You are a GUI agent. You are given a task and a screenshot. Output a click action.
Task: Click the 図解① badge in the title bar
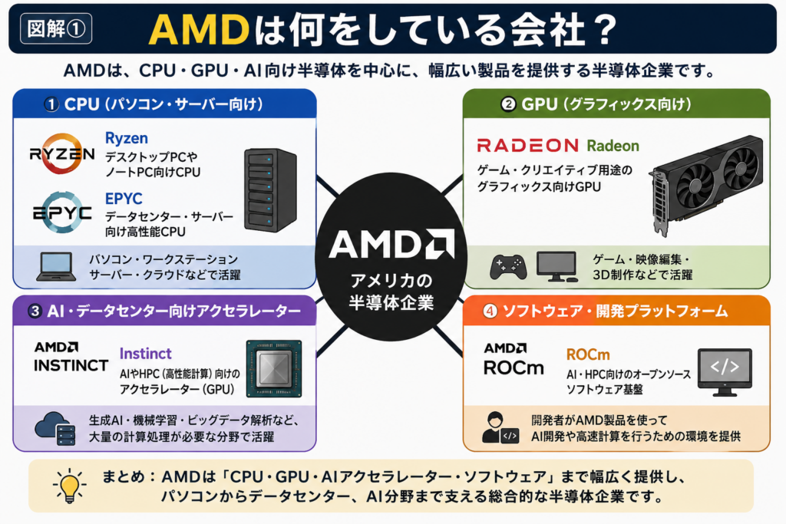(55, 28)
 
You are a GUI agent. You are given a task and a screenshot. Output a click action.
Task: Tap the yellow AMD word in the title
(199, 30)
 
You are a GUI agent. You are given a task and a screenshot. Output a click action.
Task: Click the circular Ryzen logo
(61, 153)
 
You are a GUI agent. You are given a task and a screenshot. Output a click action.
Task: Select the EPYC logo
(62, 213)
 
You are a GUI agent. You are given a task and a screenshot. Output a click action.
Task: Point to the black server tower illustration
(271, 189)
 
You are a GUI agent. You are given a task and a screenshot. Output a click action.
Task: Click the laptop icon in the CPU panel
(56, 266)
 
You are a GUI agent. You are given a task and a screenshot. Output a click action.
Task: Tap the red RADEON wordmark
(528, 145)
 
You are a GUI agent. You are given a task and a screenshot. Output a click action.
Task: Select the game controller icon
(508, 266)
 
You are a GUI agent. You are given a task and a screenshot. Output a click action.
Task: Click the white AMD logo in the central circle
(391, 244)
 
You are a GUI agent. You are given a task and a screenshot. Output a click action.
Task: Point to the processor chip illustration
(274, 369)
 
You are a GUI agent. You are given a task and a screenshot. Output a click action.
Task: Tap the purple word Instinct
(145, 354)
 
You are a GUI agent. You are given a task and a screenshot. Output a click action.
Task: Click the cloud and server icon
(55, 428)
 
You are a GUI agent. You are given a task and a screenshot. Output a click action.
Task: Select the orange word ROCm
(588, 354)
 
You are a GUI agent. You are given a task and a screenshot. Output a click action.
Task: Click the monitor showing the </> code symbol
(725, 372)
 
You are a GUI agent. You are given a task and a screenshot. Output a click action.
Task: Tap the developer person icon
(500, 427)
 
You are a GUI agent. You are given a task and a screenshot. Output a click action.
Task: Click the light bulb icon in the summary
(69, 486)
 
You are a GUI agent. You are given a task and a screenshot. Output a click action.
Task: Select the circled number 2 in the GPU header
(508, 104)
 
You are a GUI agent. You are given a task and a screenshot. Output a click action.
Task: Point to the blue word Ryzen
(127, 138)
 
